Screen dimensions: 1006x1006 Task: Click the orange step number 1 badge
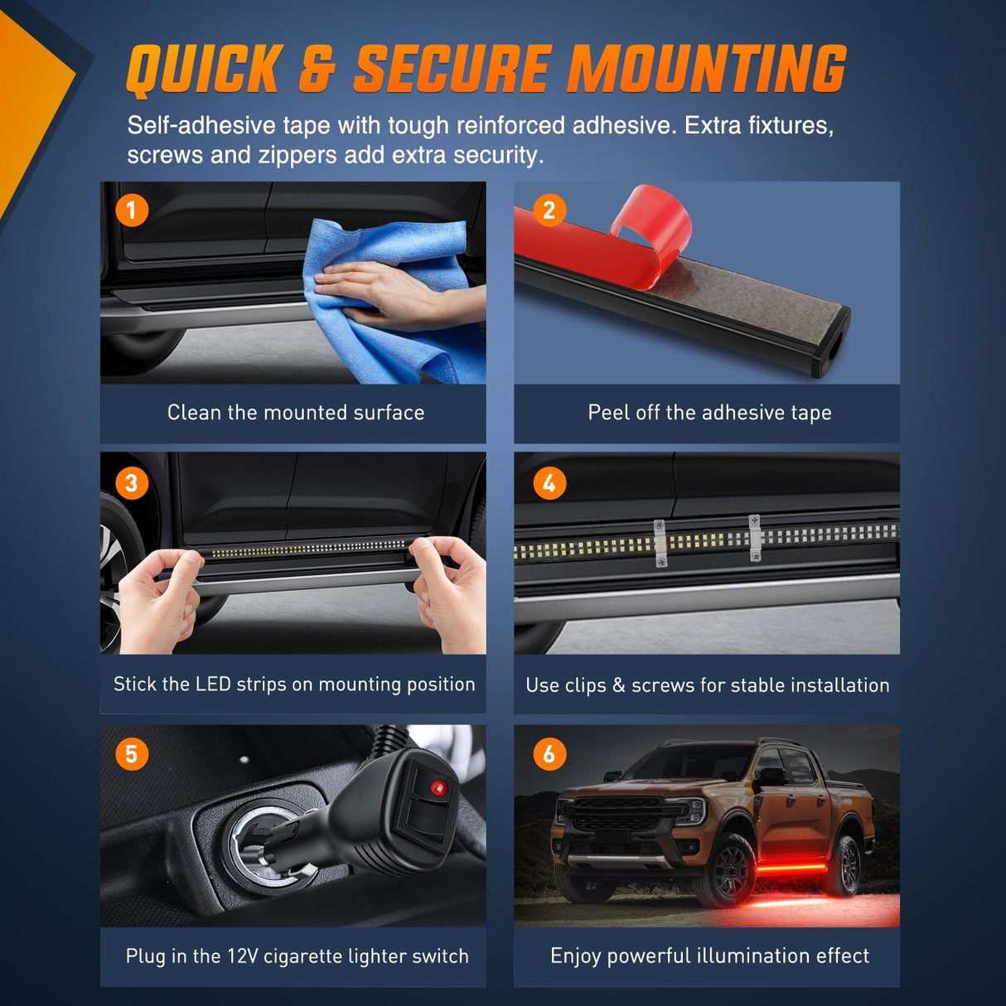pyautogui.click(x=132, y=210)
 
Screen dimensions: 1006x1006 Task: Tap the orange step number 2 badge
pyautogui.click(x=549, y=210)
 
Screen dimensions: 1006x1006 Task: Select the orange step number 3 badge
pyautogui.click(x=132, y=483)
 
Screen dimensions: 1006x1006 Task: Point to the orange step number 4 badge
pyautogui.click(x=549, y=483)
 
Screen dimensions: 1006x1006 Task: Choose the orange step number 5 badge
pyautogui.click(x=132, y=754)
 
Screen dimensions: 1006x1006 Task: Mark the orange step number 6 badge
pyautogui.click(x=549, y=754)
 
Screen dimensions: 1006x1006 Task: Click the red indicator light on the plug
pyautogui.click(x=438, y=788)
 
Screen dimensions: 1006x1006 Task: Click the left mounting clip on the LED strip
pyautogui.click(x=660, y=543)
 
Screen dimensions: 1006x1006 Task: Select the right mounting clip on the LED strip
pyautogui.click(x=754, y=538)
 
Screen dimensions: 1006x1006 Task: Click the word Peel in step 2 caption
pyautogui.click(x=607, y=413)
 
